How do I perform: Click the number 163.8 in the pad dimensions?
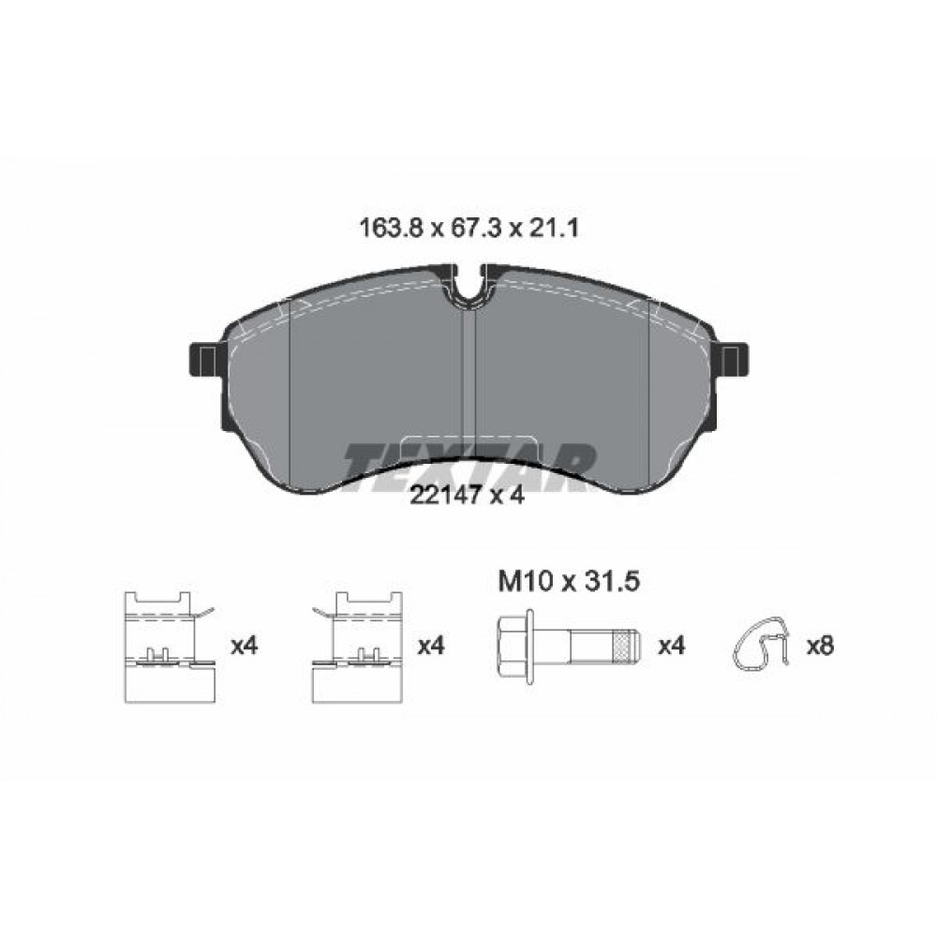coord(391,228)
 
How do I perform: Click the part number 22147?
coord(445,495)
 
